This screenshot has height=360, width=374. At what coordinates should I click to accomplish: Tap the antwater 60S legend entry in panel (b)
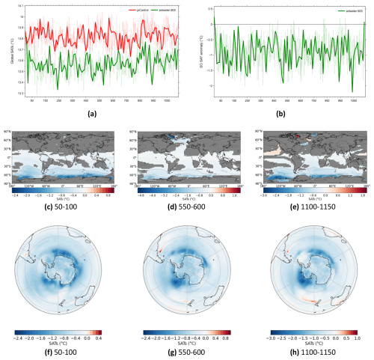click(348, 11)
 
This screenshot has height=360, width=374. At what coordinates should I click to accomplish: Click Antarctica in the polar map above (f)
click(62, 265)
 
